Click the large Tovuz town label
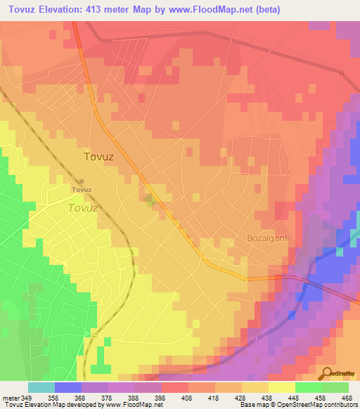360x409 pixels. click(x=98, y=157)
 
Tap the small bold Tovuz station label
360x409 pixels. click(x=82, y=190)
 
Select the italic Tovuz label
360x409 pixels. click(x=83, y=208)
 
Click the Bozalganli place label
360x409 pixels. click(x=268, y=238)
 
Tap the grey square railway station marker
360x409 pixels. click(x=82, y=182)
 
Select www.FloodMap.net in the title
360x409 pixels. click(x=220, y=8)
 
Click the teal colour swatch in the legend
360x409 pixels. click(x=41, y=387)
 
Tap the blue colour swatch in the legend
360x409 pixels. click(x=67, y=387)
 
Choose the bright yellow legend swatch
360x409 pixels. click(x=281, y=387)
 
